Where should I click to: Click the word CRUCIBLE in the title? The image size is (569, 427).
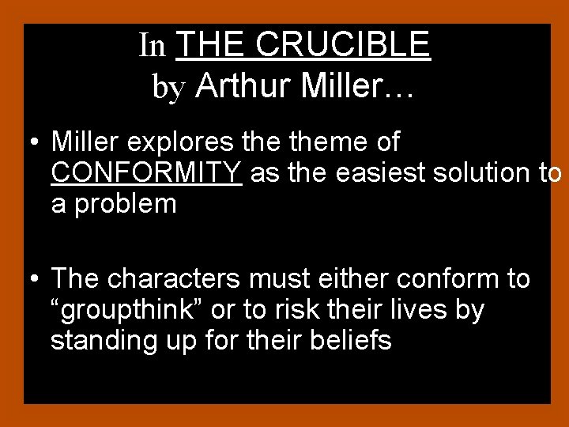pyautogui.click(x=343, y=44)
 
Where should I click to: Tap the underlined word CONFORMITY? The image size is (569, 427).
pyautogui.click(x=146, y=172)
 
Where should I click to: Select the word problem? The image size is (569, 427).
pyautogui.click(x=125, y=203)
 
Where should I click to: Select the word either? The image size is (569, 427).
pyautogui.click(x=352, y=279)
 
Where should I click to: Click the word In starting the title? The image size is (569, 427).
pyautogui.click(x=152, y=46)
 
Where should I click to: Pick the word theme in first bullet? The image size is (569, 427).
pyautogui.click(x=320, y=142)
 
